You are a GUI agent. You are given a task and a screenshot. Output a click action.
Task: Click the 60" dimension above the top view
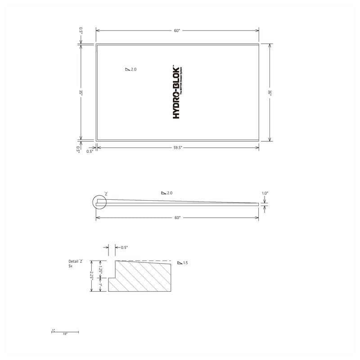click(177, 30)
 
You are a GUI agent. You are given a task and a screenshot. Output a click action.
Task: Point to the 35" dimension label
click(81, 92)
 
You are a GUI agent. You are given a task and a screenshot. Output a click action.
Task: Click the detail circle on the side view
click(99, 203)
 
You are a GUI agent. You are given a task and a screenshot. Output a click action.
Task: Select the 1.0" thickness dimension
click(265, 193)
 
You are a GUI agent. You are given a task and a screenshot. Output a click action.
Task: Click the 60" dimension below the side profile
click(177, 218)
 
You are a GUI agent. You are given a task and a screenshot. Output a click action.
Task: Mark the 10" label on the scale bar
click(65, 334)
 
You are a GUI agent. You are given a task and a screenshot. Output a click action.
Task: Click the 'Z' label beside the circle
click(106, 193)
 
